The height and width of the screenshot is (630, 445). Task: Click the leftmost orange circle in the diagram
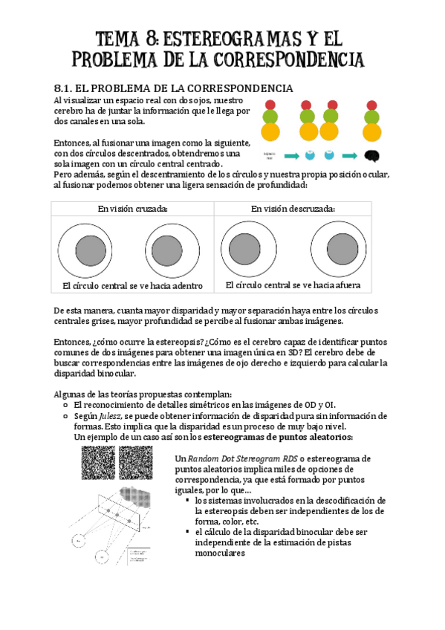270,132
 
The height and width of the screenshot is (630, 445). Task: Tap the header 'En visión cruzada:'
132,209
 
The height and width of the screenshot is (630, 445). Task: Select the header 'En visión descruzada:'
293,209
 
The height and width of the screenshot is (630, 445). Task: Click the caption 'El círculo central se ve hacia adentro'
132,285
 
